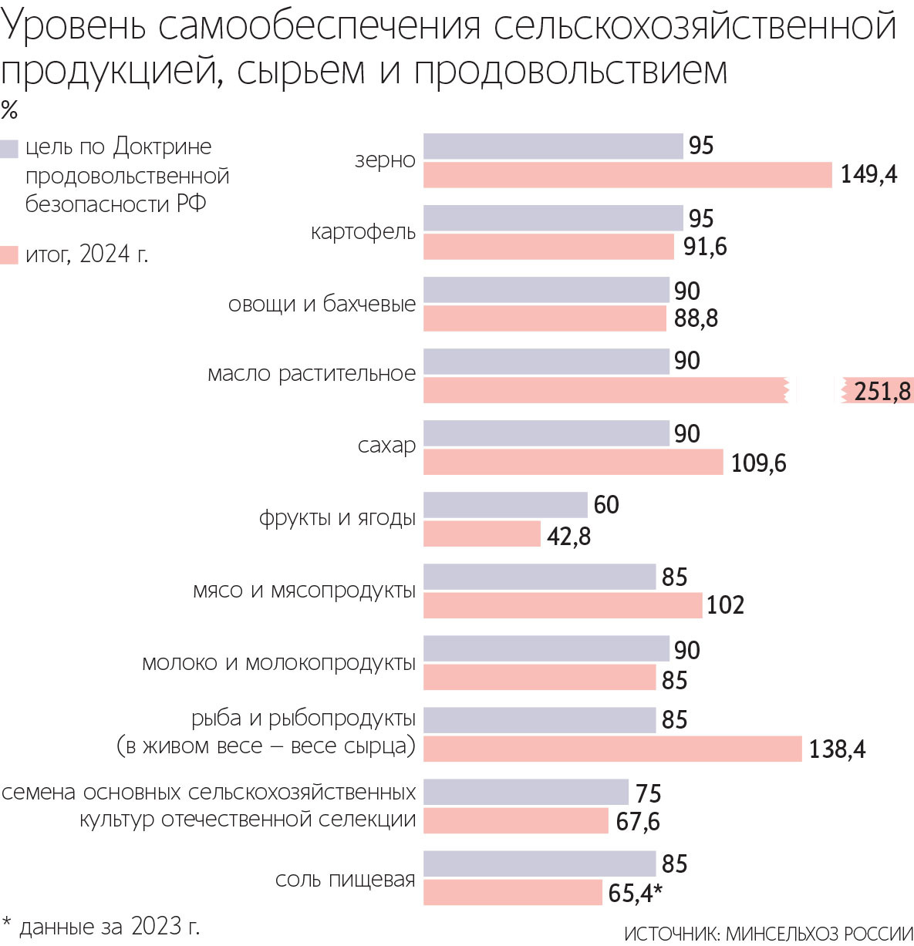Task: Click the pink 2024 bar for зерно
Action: tap(627, 175)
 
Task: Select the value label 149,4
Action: tap(868, 175)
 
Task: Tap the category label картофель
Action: tap(363, 232)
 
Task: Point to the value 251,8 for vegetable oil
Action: tap(882, 392)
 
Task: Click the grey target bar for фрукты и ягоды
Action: tap(505, 505)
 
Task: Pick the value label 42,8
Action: tap(568, 536)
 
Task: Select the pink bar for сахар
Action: tap(573, 463)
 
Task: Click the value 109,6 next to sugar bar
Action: tap(758, 463)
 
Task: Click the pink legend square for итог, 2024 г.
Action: tap(9, 255)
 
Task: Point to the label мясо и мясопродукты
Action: tap(304, 591)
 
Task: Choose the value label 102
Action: tap(725, 605)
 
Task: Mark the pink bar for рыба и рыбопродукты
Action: tap(612, 749)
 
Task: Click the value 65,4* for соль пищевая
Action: tap(635, 894)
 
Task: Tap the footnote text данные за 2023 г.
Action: tap(108, 926)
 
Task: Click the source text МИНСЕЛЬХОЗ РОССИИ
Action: tap(819, 934)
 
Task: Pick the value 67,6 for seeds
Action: tap(637, 822)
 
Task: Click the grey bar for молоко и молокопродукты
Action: tap(546, 649)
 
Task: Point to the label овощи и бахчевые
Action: tap(322, 304)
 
